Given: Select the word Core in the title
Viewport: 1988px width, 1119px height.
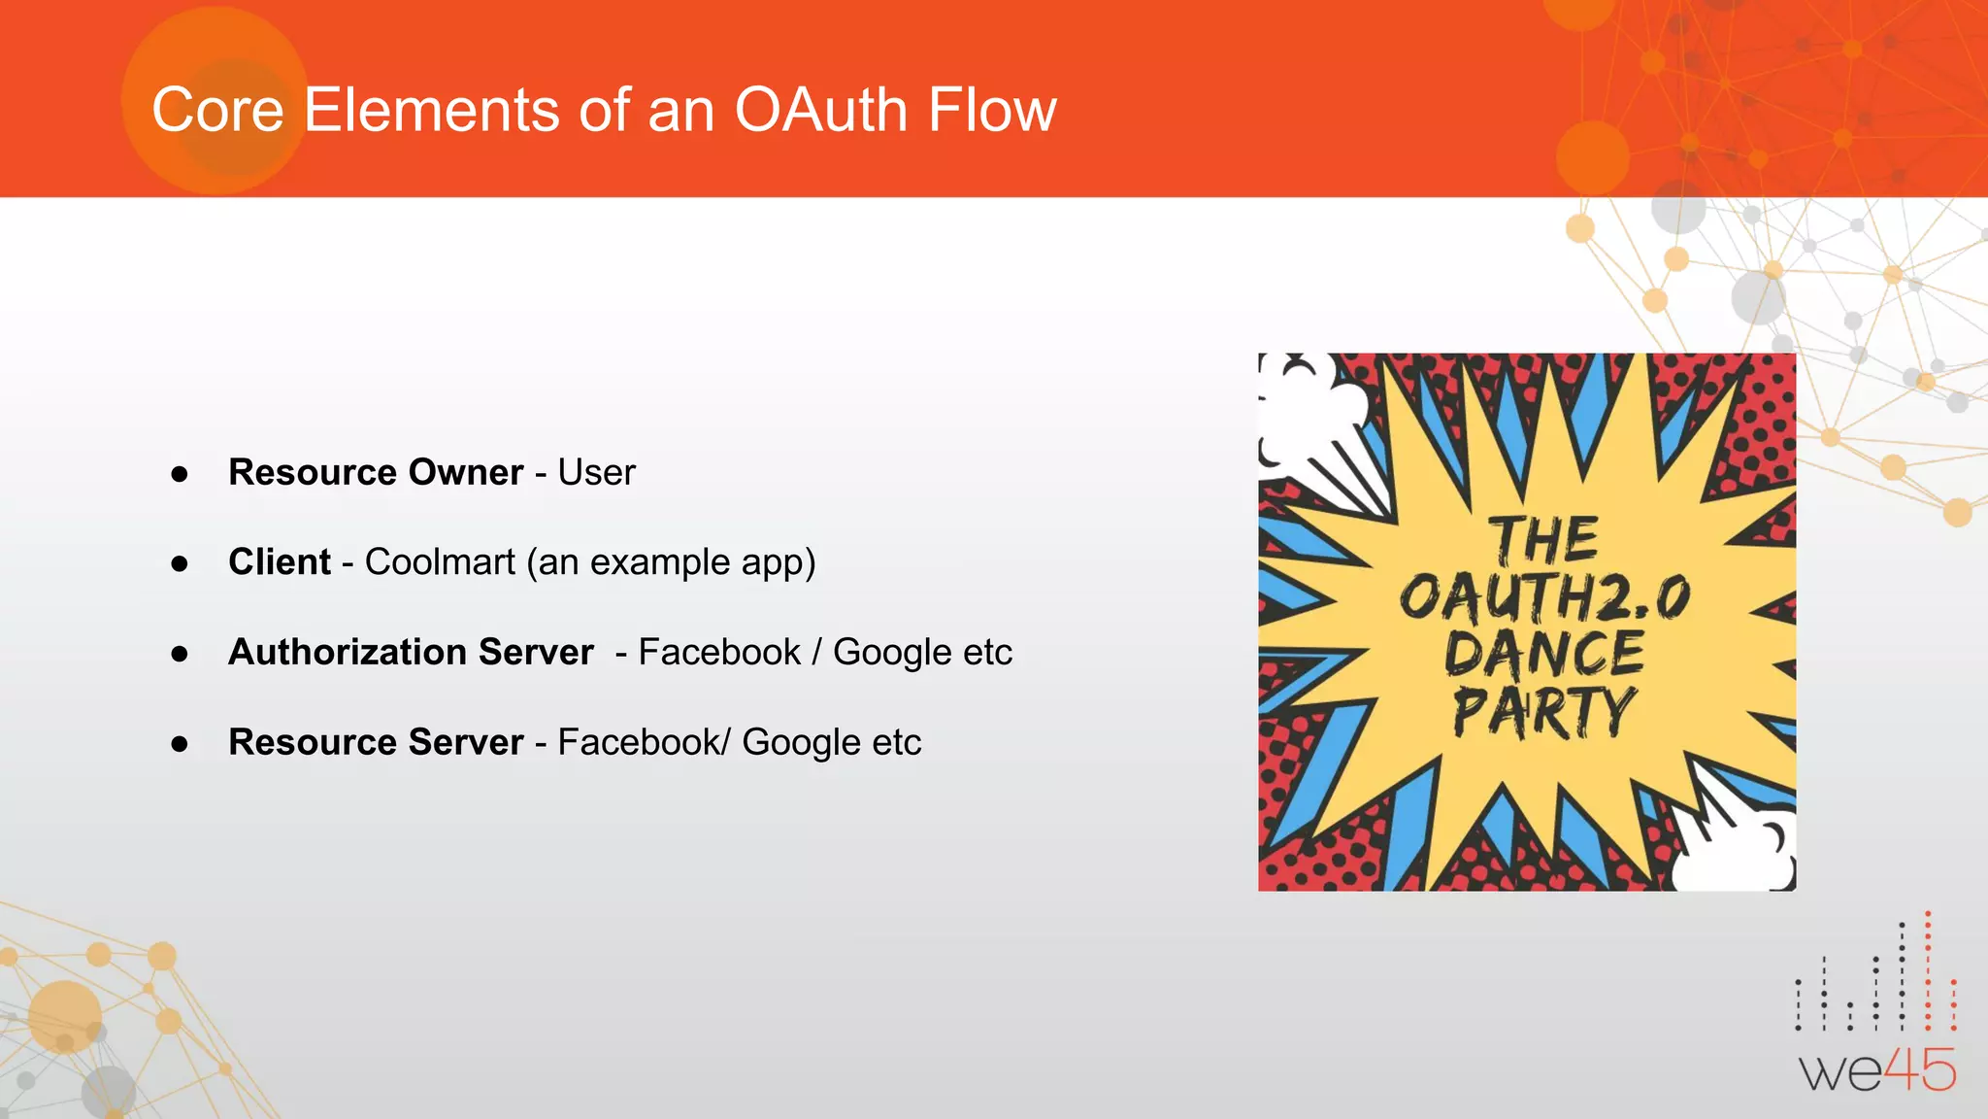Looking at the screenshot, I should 217,110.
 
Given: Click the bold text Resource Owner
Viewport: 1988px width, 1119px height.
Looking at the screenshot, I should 376,472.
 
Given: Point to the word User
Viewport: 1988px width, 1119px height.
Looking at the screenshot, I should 596,472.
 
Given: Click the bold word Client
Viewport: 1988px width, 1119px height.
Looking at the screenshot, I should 280,562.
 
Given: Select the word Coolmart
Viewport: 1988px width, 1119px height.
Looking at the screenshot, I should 440,562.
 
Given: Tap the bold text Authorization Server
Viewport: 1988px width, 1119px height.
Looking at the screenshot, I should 411,652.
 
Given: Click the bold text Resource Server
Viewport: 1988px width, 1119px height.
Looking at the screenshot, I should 376,742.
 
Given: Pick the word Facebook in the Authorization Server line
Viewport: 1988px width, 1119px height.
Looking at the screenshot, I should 719,652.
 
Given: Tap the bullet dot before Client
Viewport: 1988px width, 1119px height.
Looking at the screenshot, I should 180,563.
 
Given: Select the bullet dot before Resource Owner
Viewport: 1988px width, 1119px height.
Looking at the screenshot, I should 180,474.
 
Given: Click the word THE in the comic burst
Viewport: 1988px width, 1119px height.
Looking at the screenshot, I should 1543,540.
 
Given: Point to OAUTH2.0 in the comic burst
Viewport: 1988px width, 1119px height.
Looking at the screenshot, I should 1543,597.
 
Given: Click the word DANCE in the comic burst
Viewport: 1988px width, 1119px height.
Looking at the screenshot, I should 1543,654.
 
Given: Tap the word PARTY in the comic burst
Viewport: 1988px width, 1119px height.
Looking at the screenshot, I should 1543,712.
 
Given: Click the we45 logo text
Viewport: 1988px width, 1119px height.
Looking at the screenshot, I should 1877,1071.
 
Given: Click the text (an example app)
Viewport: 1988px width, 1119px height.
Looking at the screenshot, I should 671,562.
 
